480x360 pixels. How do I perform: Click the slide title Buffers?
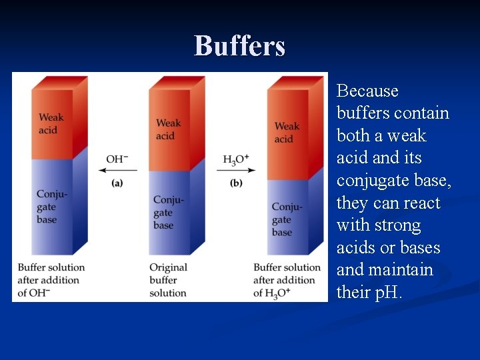239,46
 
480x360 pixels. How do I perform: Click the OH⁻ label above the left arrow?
117,159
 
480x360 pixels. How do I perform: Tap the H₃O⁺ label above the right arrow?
235,159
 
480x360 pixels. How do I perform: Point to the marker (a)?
117,183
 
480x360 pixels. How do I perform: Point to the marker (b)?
236,183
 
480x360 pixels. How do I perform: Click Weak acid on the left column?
51,123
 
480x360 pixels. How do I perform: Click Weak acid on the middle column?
168,129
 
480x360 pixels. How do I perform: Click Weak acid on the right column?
287,132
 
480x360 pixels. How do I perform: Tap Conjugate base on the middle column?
168,213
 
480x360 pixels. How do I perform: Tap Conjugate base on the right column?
287,219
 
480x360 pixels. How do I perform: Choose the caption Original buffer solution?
168,280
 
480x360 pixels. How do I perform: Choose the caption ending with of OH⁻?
51,280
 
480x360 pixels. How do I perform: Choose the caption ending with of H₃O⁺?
287,280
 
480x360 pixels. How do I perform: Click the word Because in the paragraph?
367,91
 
